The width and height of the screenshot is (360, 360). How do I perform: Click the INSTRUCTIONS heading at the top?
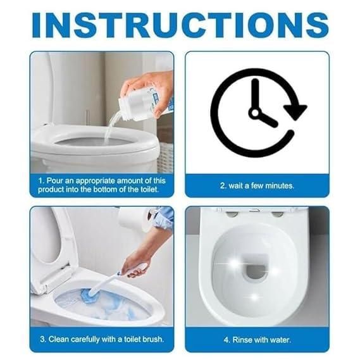(x=180, y=23)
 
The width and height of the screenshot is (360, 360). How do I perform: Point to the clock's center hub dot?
(x=256, y=112)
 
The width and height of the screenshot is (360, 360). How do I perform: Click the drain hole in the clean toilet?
(x=255, y=271)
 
